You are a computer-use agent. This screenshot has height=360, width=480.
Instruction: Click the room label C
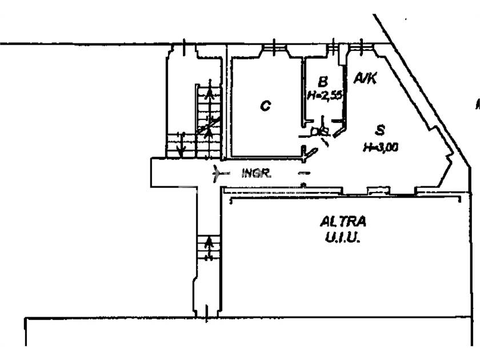tap(265, 106)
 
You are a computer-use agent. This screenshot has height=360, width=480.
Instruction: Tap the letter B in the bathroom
tap(323, 81)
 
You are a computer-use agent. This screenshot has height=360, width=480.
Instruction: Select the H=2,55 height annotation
tap(324, 95)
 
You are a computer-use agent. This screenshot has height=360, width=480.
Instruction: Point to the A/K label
tap(365, 78)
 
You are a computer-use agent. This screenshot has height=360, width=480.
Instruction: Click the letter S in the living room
tap(380, 131)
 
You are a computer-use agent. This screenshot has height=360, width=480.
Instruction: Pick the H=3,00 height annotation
tap(380, 147)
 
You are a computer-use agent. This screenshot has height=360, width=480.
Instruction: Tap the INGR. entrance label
tap(256, 173)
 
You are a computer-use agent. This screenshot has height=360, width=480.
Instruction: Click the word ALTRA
tap(343, 221)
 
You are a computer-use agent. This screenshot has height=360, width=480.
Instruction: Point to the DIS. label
tap(319, 133)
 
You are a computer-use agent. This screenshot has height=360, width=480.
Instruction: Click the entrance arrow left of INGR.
tap(217, 173)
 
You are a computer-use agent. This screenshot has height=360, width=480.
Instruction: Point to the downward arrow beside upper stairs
tap(182, 146)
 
